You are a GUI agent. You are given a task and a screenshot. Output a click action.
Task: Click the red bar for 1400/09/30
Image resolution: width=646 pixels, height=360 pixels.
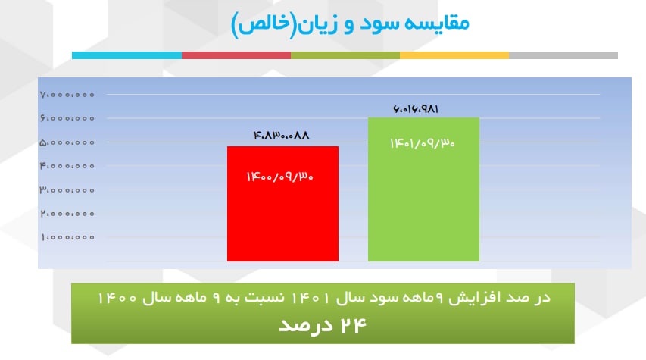pyautogui.click(x=282, y=204)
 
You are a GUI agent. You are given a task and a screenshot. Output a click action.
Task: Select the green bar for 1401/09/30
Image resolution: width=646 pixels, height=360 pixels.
pyautogui.click(x=423, y=189)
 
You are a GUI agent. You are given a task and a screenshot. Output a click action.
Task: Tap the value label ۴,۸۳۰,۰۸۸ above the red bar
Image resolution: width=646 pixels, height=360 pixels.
pyautogui.click(x=281, y=135)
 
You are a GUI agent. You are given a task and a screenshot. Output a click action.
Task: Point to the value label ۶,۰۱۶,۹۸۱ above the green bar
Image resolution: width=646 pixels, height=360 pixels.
pyautogui.click(x=416, y=109)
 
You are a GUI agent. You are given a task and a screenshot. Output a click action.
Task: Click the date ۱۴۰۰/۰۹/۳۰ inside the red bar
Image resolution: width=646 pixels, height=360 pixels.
pyautogui.click(x=279, y=177)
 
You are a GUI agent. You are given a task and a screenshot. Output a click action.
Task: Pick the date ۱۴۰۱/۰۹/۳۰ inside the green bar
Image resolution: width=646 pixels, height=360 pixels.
pyautogui.click(x=423, y=143)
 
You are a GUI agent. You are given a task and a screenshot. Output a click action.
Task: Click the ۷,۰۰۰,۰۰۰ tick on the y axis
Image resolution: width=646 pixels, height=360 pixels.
pyautogui.click(x=67, y=95)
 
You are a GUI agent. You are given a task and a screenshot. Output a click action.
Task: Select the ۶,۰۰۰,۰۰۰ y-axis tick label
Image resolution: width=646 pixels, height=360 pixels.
pyautogui.click(x=67, y=118)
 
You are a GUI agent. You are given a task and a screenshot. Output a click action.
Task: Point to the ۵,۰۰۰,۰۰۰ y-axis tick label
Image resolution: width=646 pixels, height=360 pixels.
pyautogui.click(x=67, y=142)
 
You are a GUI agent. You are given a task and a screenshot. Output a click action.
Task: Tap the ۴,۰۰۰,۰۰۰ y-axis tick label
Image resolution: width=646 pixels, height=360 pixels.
pyautogui.click(x=67, y=166)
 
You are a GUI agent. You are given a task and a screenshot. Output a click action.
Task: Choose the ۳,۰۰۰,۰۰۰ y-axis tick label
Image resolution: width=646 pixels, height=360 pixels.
pyautogui.click(x=67, y=190)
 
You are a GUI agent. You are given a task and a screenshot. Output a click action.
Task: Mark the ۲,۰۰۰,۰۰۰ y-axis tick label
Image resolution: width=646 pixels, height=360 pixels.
pyautogui.click(x=67, y=214)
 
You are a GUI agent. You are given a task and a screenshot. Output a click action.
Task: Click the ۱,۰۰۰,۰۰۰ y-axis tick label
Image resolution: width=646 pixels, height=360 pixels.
pyautogui.click(x=68, y=237)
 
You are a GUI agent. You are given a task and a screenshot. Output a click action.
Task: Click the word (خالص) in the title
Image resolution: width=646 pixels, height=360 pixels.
pyautogui.click(x=264, y=24)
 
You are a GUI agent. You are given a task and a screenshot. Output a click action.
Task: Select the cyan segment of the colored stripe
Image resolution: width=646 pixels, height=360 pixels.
pyautogui.click(x=127, y=55)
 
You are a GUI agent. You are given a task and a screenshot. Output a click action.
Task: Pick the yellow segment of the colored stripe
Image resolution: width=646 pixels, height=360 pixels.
pyautogui.click(x=454, y=55)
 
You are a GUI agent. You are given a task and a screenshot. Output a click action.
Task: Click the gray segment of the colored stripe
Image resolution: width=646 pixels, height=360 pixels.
pyautogui.click(x=563, y=55)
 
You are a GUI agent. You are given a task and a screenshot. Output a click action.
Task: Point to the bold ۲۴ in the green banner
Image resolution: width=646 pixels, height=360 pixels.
pyautogui.click(x=354, y=326)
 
